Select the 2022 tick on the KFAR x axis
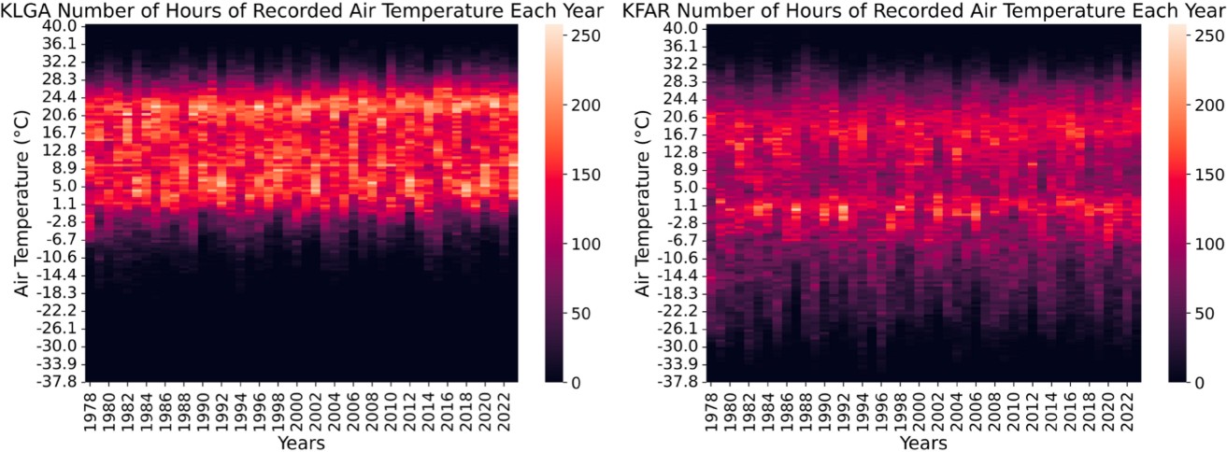1132,406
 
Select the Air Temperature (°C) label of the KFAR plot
643,204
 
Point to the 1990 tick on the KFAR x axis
824,406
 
